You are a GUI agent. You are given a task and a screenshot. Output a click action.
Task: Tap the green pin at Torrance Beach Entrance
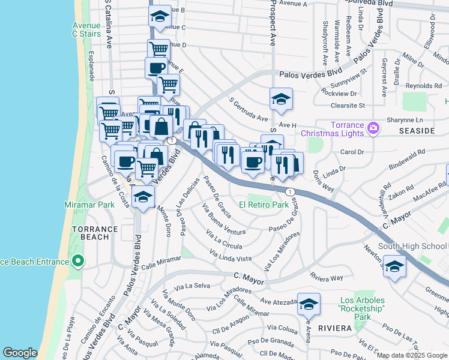[77, 261]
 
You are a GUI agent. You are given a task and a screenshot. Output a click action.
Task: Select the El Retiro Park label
[264, 205]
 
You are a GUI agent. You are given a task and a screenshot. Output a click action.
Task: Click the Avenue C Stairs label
[86, 30]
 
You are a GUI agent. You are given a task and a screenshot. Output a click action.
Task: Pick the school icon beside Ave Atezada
[309, 305]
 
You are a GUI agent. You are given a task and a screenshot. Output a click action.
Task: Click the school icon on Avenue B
[160, 16]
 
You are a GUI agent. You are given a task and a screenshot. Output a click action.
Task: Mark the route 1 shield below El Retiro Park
[291, 191]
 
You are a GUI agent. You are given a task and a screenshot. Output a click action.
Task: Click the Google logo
[20, 353]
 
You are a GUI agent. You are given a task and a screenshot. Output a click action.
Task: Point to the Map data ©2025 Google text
[412, 355]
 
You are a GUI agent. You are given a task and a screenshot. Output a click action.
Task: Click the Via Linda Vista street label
[231, 257]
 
